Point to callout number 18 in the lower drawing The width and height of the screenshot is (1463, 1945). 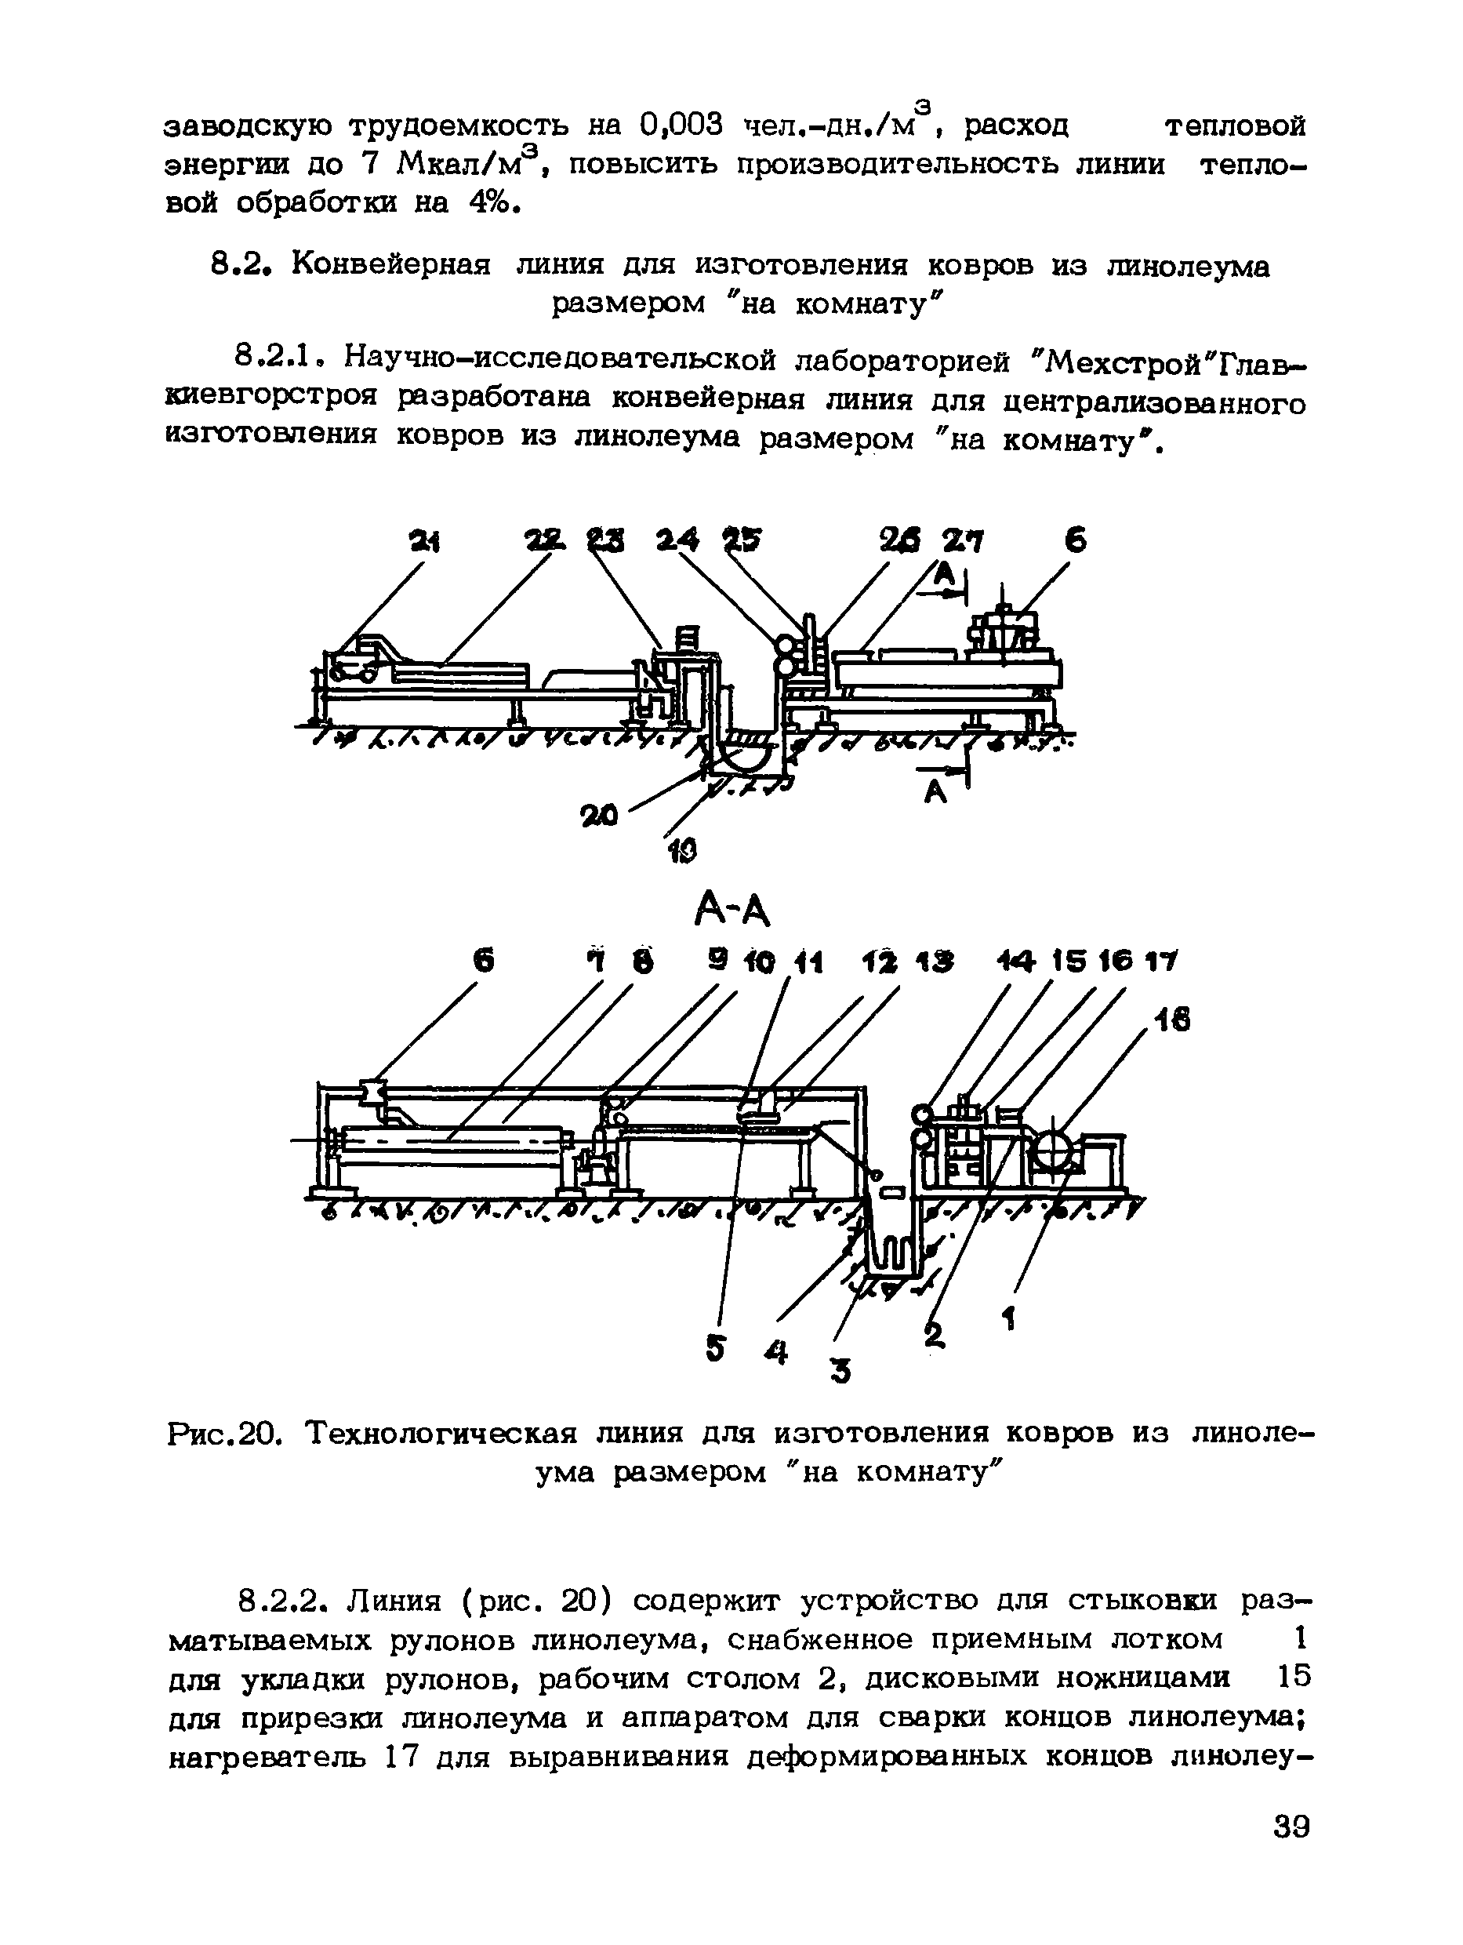coord(1171,1020)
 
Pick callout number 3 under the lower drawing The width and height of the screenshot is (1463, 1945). coord(840,1370)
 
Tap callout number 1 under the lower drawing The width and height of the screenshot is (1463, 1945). coord(1009,1318)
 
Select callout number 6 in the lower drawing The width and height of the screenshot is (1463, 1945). coord(483,963)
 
